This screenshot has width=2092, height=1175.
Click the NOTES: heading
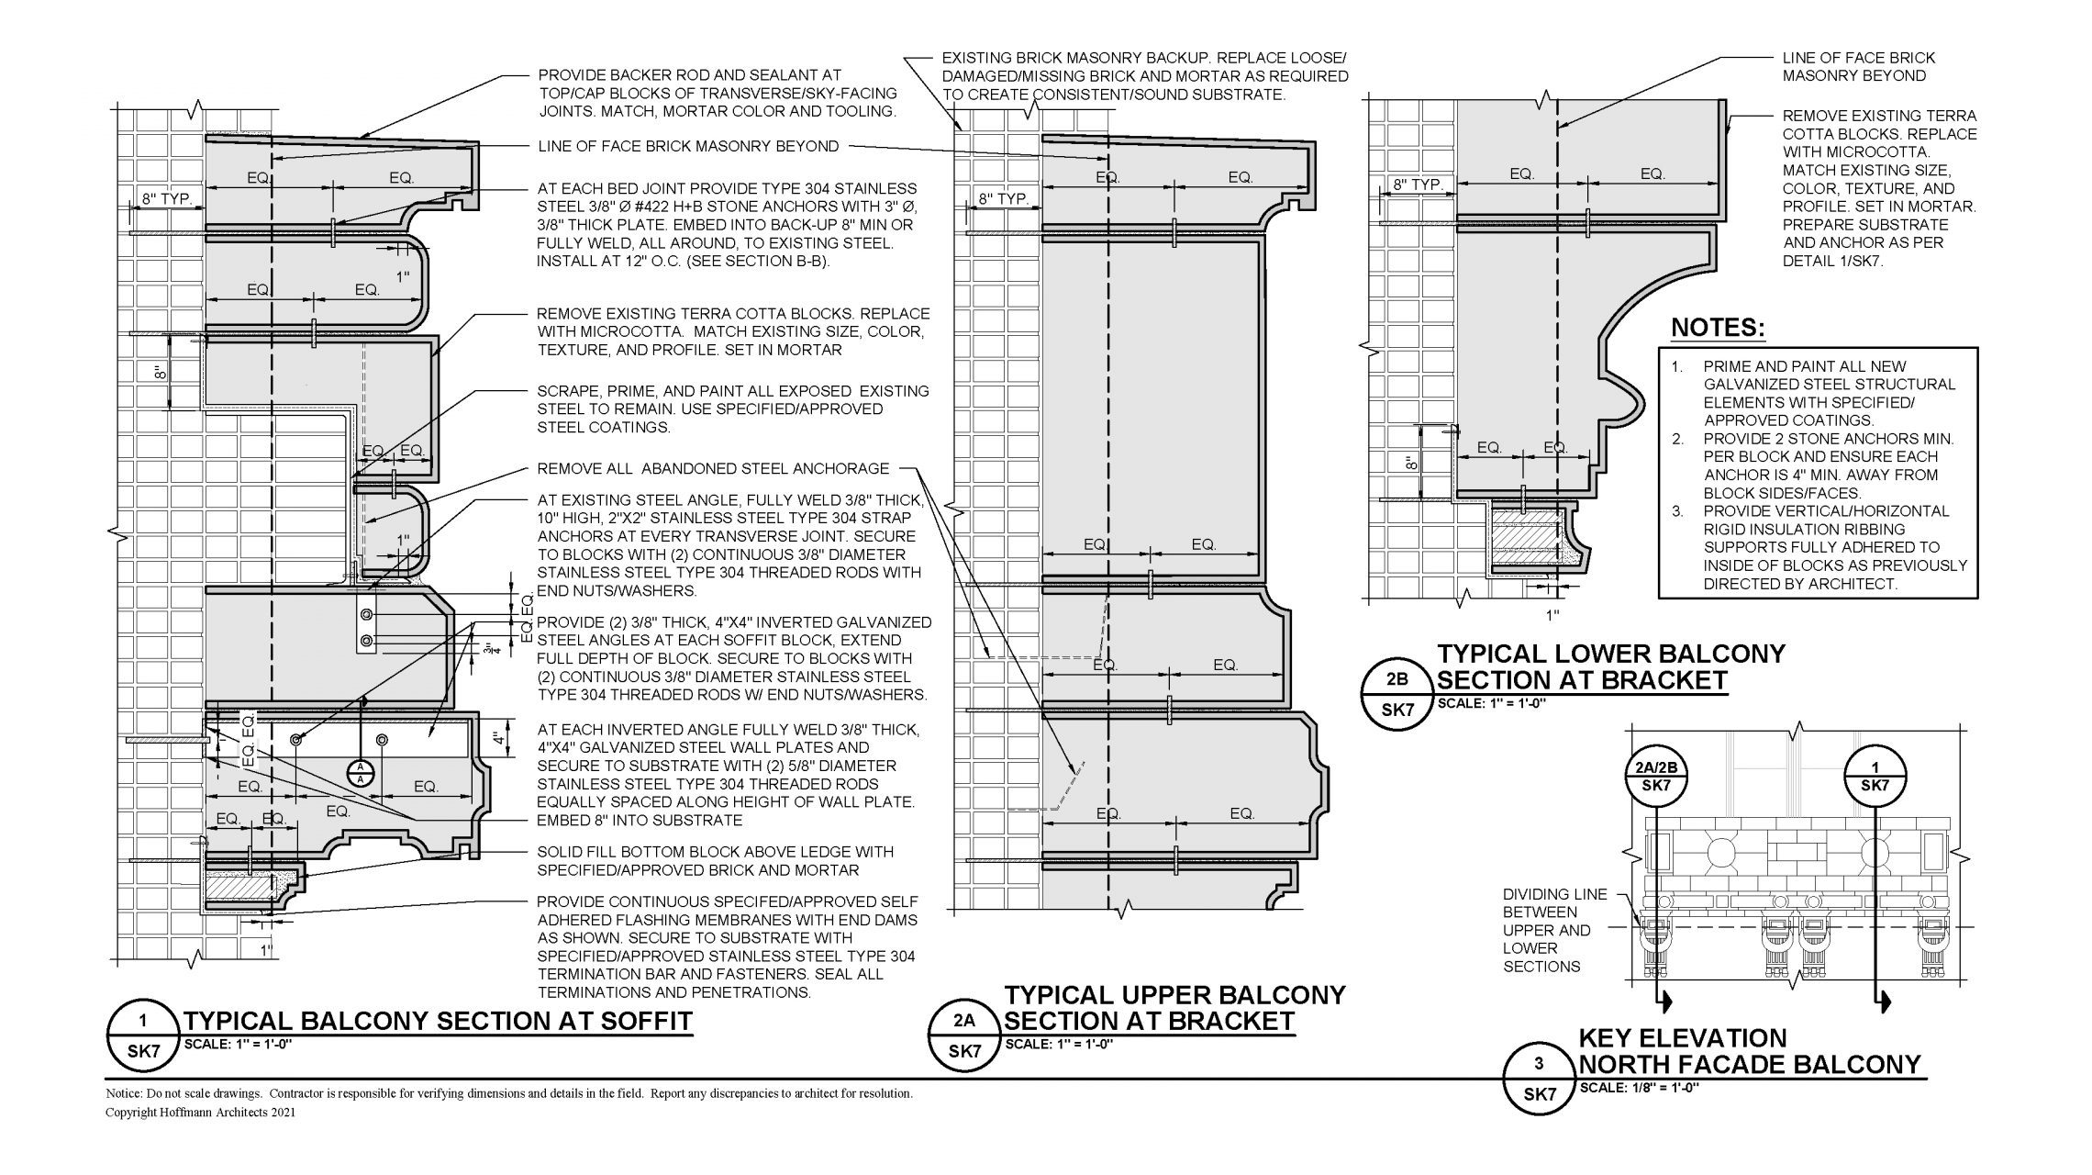click(x=1718, y=328)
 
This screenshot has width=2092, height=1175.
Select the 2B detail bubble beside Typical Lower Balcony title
click(x=1396, y=695)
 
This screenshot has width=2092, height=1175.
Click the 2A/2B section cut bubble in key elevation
click(x=1656, y=778)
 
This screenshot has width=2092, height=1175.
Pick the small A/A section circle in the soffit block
click(x=361, y=772)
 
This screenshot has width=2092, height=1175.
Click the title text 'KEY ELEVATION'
click(x=1682, y=1038)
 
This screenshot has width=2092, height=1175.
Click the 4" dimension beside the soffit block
click(x=496, y=739)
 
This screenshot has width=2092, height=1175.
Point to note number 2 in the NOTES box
click(x=1677, y=439)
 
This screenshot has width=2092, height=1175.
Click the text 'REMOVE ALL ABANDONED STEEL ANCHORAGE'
click(x=713, y=469)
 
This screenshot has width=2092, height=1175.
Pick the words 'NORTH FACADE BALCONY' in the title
click(x=1750, y=1065)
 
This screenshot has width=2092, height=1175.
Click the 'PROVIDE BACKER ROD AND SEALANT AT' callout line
click(x=689, y=75)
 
